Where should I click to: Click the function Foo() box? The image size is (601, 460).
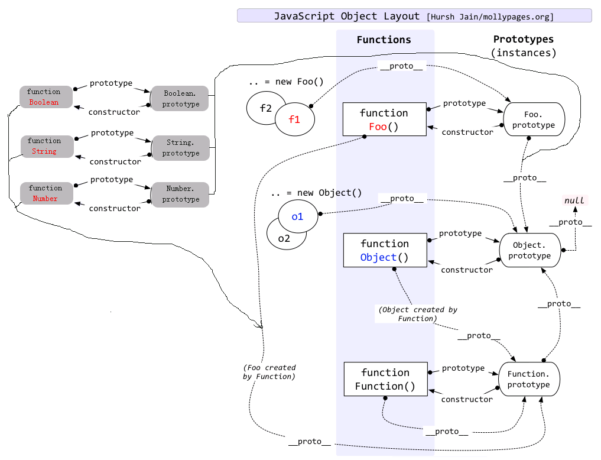point(384,119)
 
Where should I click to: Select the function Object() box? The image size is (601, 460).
point(385,250)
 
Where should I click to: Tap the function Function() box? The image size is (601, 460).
point(385,380)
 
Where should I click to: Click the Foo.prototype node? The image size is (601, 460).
point(533,120)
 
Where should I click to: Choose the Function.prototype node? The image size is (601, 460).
point(528,379)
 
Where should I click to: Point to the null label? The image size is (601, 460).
point(574,200)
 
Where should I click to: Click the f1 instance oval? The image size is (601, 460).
point(294,119)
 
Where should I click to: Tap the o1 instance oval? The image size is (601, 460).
point(297,216)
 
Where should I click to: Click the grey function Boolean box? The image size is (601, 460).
point(44,97)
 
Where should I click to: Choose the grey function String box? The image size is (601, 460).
point(45,146)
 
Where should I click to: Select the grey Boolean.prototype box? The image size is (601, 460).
point(180,99)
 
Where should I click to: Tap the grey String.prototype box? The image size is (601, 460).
point(181,148)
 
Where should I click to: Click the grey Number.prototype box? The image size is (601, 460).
point(180,194)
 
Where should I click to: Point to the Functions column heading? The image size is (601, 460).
point(384,40)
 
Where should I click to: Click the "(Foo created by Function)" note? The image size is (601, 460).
point(269,372)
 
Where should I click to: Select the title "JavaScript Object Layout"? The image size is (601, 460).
point(346,16)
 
